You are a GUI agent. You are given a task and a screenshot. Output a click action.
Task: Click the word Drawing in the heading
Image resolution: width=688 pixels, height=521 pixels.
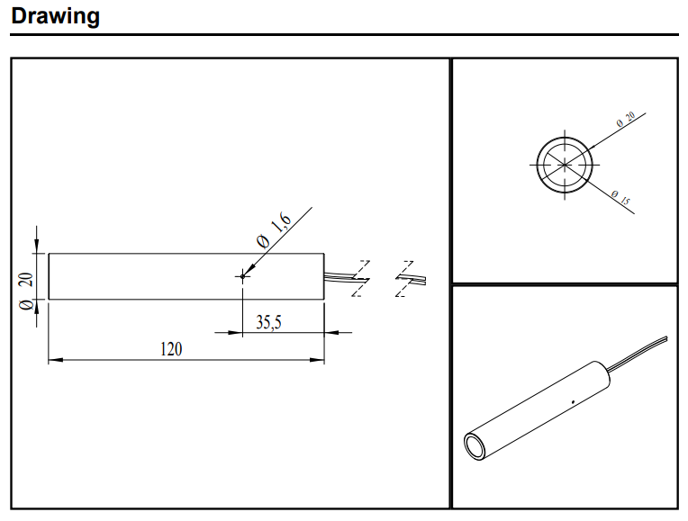tap(55, 16)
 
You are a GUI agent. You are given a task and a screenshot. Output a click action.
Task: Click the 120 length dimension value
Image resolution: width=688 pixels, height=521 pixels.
tap(171, 349)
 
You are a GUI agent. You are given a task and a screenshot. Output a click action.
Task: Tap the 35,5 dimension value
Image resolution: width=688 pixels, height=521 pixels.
tap(268, 322)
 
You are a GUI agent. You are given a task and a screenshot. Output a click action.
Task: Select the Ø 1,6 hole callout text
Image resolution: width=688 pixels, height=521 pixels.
tap(274, 229)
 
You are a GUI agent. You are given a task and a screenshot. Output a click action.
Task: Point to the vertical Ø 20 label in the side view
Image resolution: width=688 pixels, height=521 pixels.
tap(26, 292)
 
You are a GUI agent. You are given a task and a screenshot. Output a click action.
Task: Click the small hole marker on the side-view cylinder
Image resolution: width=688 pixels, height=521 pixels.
tap(242, 276)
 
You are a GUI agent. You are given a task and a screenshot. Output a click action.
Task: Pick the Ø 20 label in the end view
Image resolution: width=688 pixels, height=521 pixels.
tap(626, 120)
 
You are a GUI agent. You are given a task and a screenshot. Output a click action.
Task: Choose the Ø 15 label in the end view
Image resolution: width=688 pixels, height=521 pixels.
tap(620, 197)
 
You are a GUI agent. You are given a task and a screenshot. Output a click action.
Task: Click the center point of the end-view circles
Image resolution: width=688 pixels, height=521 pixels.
tap(565, 165)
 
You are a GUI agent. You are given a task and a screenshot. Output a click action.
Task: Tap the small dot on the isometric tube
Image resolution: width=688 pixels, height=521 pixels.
tap(573, 401)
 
